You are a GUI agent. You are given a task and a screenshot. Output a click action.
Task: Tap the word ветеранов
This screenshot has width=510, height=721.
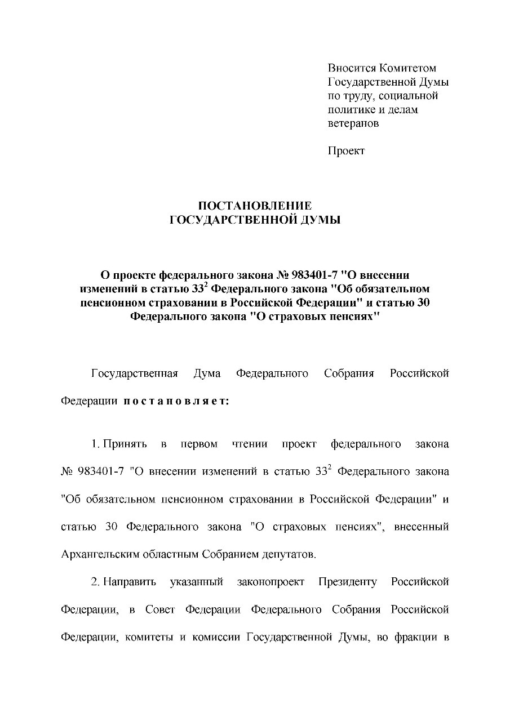click(x=353, y=123)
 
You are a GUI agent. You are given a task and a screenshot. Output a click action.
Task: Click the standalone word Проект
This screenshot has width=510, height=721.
click(x=346, y=150)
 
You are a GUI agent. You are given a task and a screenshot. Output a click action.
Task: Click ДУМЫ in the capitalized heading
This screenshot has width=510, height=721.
click(x=322, y=220)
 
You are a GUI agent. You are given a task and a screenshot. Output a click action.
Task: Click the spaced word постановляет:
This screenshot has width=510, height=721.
click(x=176, y=402)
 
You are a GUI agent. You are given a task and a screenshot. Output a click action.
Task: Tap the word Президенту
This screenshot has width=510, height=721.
click(x=347, y=581)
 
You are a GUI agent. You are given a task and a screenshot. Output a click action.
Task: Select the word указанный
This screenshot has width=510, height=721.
click(x=197, y=581)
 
